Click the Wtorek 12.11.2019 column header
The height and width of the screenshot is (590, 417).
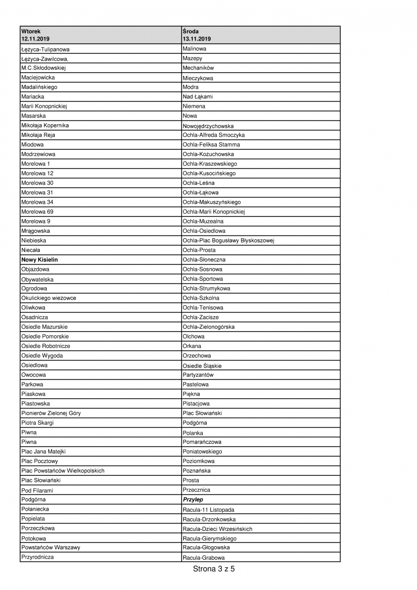[x=36, y=35]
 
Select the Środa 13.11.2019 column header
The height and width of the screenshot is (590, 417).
[x=197, y=35]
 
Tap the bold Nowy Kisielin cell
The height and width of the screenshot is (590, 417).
[x=40, y=260]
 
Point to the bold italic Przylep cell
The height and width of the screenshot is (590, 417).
[x=193, y=500]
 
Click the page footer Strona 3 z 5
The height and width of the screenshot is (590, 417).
[x=214, y=569]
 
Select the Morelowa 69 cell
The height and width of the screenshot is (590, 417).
[x=38, y=212]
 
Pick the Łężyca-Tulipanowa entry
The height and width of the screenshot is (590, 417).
[x=46, y=49]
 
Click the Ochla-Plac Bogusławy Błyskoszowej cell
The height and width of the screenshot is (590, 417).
[x=229, y=241]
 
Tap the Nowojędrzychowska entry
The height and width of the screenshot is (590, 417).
[x=208, y=126]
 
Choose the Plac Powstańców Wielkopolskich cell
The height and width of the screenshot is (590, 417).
[x=63, y=471]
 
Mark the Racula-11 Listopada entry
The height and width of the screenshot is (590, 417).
[x=208, y=510]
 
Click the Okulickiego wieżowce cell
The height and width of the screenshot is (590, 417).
[x=49, y=298]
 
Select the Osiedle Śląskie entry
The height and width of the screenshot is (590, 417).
[x=202, y=366]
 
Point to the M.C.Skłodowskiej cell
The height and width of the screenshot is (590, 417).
[x=43, y=68]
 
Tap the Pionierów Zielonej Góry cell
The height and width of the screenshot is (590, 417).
[x=51, y=413]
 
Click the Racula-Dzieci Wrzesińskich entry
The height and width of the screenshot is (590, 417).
[x=218, y=529]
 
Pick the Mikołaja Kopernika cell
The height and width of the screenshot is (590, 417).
[x=45, y=126]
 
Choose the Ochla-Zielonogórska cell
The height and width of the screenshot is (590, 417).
[x=209, y=327]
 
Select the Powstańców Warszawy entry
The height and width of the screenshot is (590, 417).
[x=51, y=547]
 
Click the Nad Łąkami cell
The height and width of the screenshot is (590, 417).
[x=198, y=97]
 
